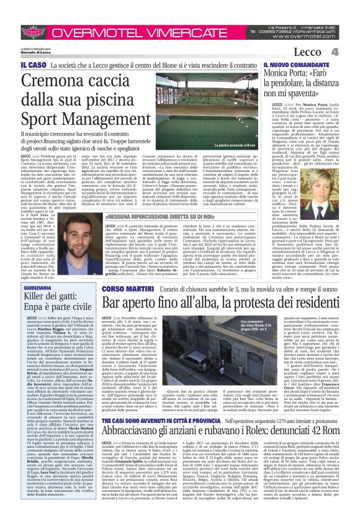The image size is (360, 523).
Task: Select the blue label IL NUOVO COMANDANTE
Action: pyautogui.click(x=295, y=64)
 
